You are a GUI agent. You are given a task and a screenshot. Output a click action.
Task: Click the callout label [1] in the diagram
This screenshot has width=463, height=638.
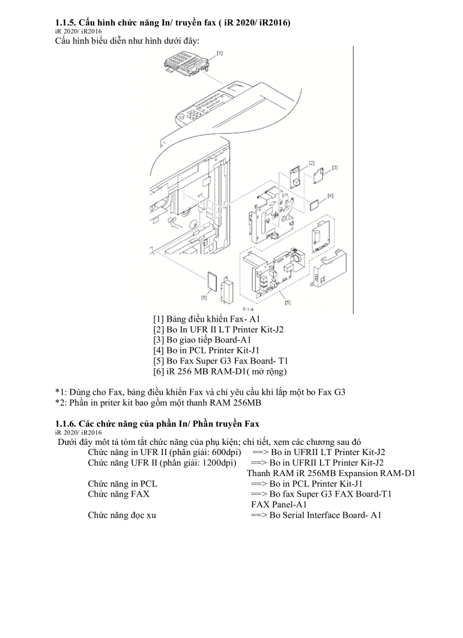pyautogui.click(x=220, y=53)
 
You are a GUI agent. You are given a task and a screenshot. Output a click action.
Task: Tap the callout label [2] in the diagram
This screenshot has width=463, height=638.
pyautogui.click(x=312, y=163)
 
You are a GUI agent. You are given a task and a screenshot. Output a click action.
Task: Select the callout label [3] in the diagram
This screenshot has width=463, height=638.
pyautogui.click(x=335, y=167)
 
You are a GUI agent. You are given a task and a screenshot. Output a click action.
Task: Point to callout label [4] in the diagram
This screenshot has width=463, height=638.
pyautogui.click(x=330, y=195)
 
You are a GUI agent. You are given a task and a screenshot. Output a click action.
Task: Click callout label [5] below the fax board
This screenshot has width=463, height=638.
pyautogui.click(x=288, y=303)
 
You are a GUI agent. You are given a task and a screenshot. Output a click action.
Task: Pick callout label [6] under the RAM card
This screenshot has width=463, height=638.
pyautogui.click(x=204, y=298)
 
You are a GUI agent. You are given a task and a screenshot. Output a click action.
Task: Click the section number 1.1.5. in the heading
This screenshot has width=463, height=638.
pyautogui.click(x=65, y=23)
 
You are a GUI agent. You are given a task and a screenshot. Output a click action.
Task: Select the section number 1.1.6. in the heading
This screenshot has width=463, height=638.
pyautogui.click(x=65, y=424)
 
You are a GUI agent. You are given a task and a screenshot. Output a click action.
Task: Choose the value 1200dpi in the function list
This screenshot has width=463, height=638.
pyautogui.click(x=221, y=463)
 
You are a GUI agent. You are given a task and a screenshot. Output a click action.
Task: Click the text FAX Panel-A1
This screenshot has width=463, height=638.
pyautogui.click(x=279, y=504)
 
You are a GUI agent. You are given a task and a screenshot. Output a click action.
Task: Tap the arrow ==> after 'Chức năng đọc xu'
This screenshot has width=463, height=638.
pyautogui.click(x=259, y=515)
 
